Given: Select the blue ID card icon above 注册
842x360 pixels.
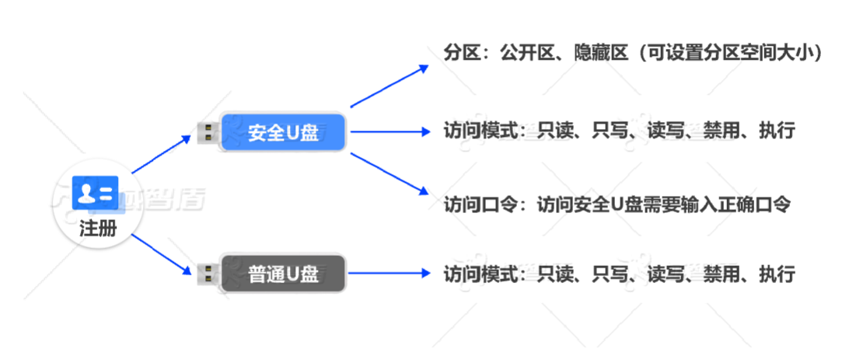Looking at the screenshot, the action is [x=94, y=193].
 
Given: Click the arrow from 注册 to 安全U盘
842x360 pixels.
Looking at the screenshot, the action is [x=161, y=154].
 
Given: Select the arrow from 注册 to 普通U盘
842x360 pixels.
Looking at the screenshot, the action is [x=161, y=252].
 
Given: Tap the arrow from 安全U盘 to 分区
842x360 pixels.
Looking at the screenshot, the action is [x=389, y=86].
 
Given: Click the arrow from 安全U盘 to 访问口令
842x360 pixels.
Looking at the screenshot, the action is [x=389, y=172].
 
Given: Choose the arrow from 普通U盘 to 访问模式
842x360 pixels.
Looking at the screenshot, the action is [x=389, y=274].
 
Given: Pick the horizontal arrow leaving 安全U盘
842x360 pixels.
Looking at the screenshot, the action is [x=389, y=132].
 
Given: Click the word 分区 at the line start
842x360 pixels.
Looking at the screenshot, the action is [x=459, y=55].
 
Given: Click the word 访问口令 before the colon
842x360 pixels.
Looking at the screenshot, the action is [x=474, y=204].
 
